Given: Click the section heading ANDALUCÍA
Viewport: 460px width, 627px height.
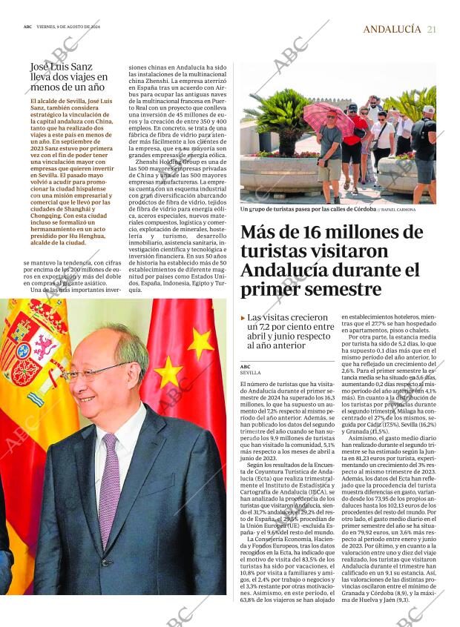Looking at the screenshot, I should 392,29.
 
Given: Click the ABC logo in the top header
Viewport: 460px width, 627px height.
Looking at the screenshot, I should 27,26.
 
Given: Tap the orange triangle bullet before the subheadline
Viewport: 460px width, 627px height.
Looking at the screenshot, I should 243,317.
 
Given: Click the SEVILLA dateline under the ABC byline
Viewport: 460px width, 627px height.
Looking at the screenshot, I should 250,373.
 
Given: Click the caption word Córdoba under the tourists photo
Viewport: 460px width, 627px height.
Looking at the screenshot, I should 361,210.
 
